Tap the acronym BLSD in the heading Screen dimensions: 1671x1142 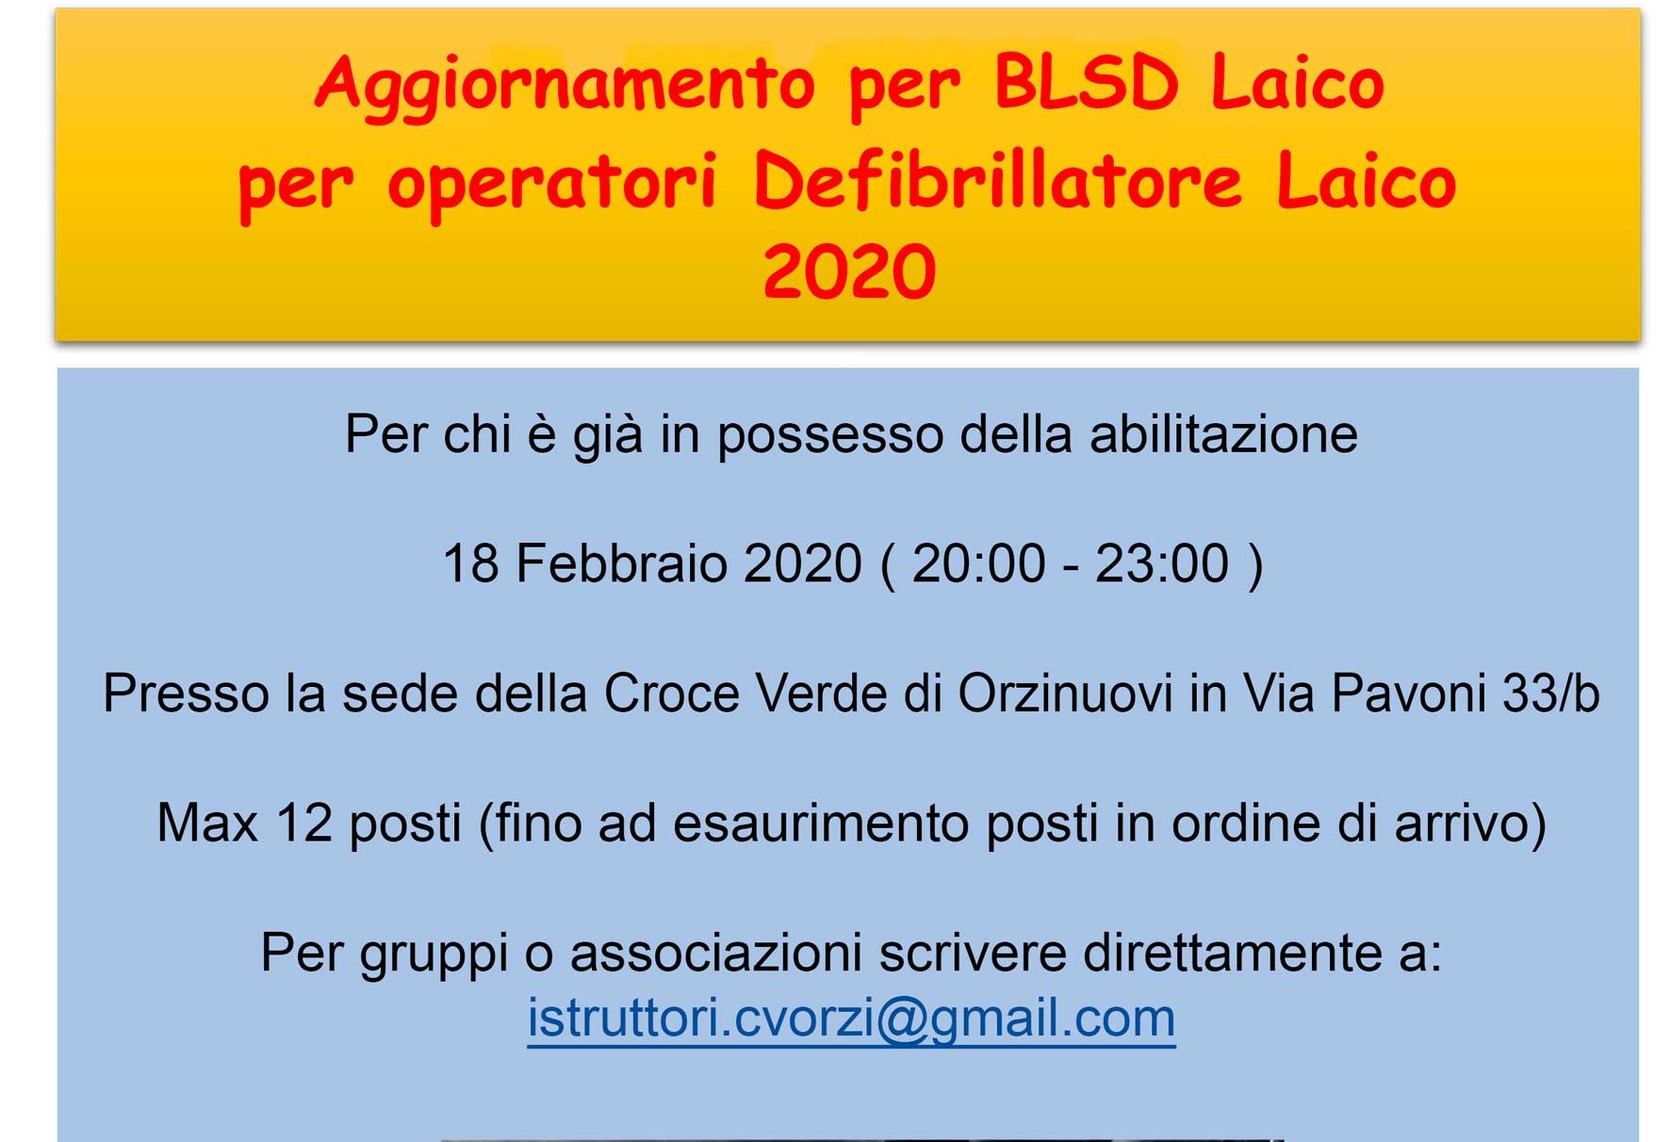(x=1086, y=81)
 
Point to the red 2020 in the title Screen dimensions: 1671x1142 (x=849, y=271)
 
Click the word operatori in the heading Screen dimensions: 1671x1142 (x=552, y=185)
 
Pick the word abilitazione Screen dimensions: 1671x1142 (x=1223, y=435)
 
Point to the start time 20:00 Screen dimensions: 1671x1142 (x=978, y=563)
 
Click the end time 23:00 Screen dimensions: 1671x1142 (x=1161, y=563)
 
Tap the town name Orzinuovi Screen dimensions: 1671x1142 (x=1065, y=693)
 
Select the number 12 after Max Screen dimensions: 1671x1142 (x=303, y=823)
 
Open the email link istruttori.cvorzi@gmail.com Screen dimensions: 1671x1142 (x=851, y=1019)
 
